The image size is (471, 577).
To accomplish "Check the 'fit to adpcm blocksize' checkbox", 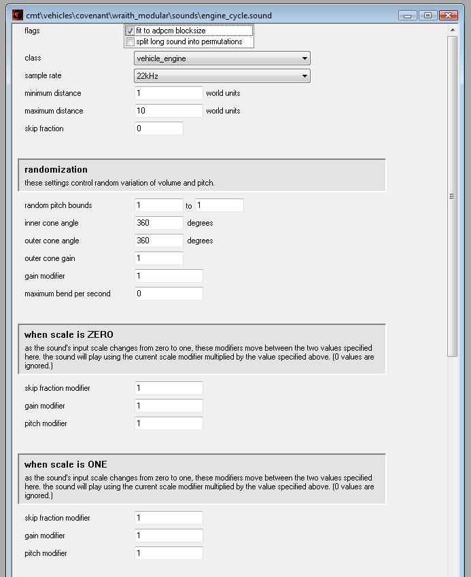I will point(130,31).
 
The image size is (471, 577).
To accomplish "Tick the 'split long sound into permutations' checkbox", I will point(130,41).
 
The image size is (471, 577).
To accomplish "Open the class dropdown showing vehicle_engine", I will point(222,58).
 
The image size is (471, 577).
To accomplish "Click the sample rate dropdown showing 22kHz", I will point(222,76).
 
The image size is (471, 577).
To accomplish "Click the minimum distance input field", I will point(169,93).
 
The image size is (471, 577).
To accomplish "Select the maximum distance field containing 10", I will point(169,111).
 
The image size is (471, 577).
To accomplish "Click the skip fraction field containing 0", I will point(159,128).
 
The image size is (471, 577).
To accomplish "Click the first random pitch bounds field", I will point(159,205).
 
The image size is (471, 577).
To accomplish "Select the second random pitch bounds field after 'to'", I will point(219,205).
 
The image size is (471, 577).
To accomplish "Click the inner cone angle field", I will point(159,223).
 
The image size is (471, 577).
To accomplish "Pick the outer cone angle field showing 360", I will point(159,241).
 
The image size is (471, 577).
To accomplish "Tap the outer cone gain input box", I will point(159,258).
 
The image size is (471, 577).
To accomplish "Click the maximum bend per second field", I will point(169,294).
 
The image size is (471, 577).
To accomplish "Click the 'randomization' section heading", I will point(56,170).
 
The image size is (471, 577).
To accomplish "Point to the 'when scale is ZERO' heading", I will point(69,334).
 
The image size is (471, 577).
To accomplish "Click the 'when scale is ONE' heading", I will point(65,464).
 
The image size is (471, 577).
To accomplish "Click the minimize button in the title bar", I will point(408,16).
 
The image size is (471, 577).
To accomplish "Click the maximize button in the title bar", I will point(428,16).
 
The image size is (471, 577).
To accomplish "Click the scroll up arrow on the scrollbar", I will point(453,31).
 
